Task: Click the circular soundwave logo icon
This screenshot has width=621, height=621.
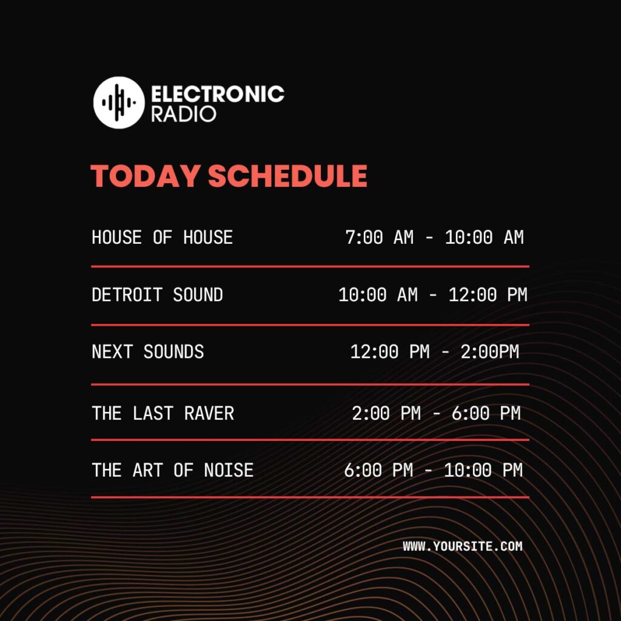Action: click(119, 102)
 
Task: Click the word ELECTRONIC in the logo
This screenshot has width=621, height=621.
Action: click(217, 94)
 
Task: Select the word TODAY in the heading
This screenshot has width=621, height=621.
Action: click(146, 176)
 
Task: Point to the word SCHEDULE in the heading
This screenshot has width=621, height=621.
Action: click(287, 176)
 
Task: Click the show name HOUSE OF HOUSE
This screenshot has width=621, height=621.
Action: click(162, 237)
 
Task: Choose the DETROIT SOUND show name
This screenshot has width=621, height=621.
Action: click(157, 295)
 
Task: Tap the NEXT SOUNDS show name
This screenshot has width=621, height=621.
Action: click(147, 352)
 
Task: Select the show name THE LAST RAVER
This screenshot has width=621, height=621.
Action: click(163, 414)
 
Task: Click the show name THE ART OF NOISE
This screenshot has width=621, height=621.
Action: click(172, 470)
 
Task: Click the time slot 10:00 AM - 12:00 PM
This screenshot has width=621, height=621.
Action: click(432, 295)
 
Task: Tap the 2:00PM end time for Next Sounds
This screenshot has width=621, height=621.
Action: click(489, 352)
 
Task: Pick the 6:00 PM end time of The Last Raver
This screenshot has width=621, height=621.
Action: click(486, 414)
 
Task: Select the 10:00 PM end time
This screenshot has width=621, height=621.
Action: click(483, 470)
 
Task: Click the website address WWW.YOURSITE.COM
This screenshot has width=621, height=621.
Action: click(462, 546)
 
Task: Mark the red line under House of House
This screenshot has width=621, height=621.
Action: click(310, 266)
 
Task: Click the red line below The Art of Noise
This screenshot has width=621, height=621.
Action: click(310, 497)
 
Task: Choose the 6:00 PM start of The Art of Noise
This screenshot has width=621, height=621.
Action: click(378, 470)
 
